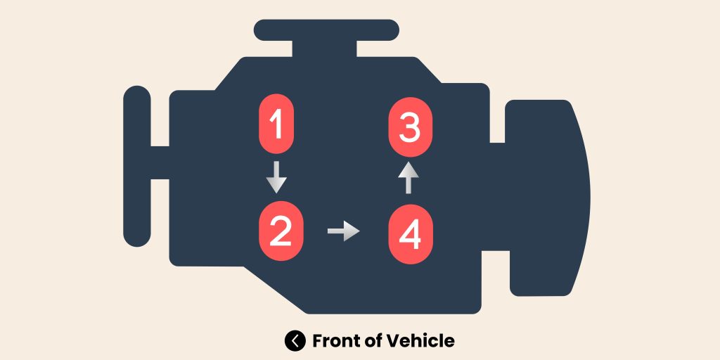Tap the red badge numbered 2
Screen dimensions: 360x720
[x=280, y=231]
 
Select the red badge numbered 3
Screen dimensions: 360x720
[x=411, y=128]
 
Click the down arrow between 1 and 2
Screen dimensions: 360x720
[x=276, y=177]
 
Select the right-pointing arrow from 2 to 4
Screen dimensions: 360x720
[x=343, y=231]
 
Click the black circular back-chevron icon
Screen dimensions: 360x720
[x=295, y=341]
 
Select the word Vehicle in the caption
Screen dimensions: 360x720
[x=422, y=341]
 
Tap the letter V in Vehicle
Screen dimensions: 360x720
[x=396, y=341]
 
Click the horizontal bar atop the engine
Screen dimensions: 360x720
[x=326, y=30]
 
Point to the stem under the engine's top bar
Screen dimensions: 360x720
[x=326, y=48]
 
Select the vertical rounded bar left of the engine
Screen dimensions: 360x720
[x=137, y=166]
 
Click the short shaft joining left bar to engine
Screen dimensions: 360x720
[x=160, y=162]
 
